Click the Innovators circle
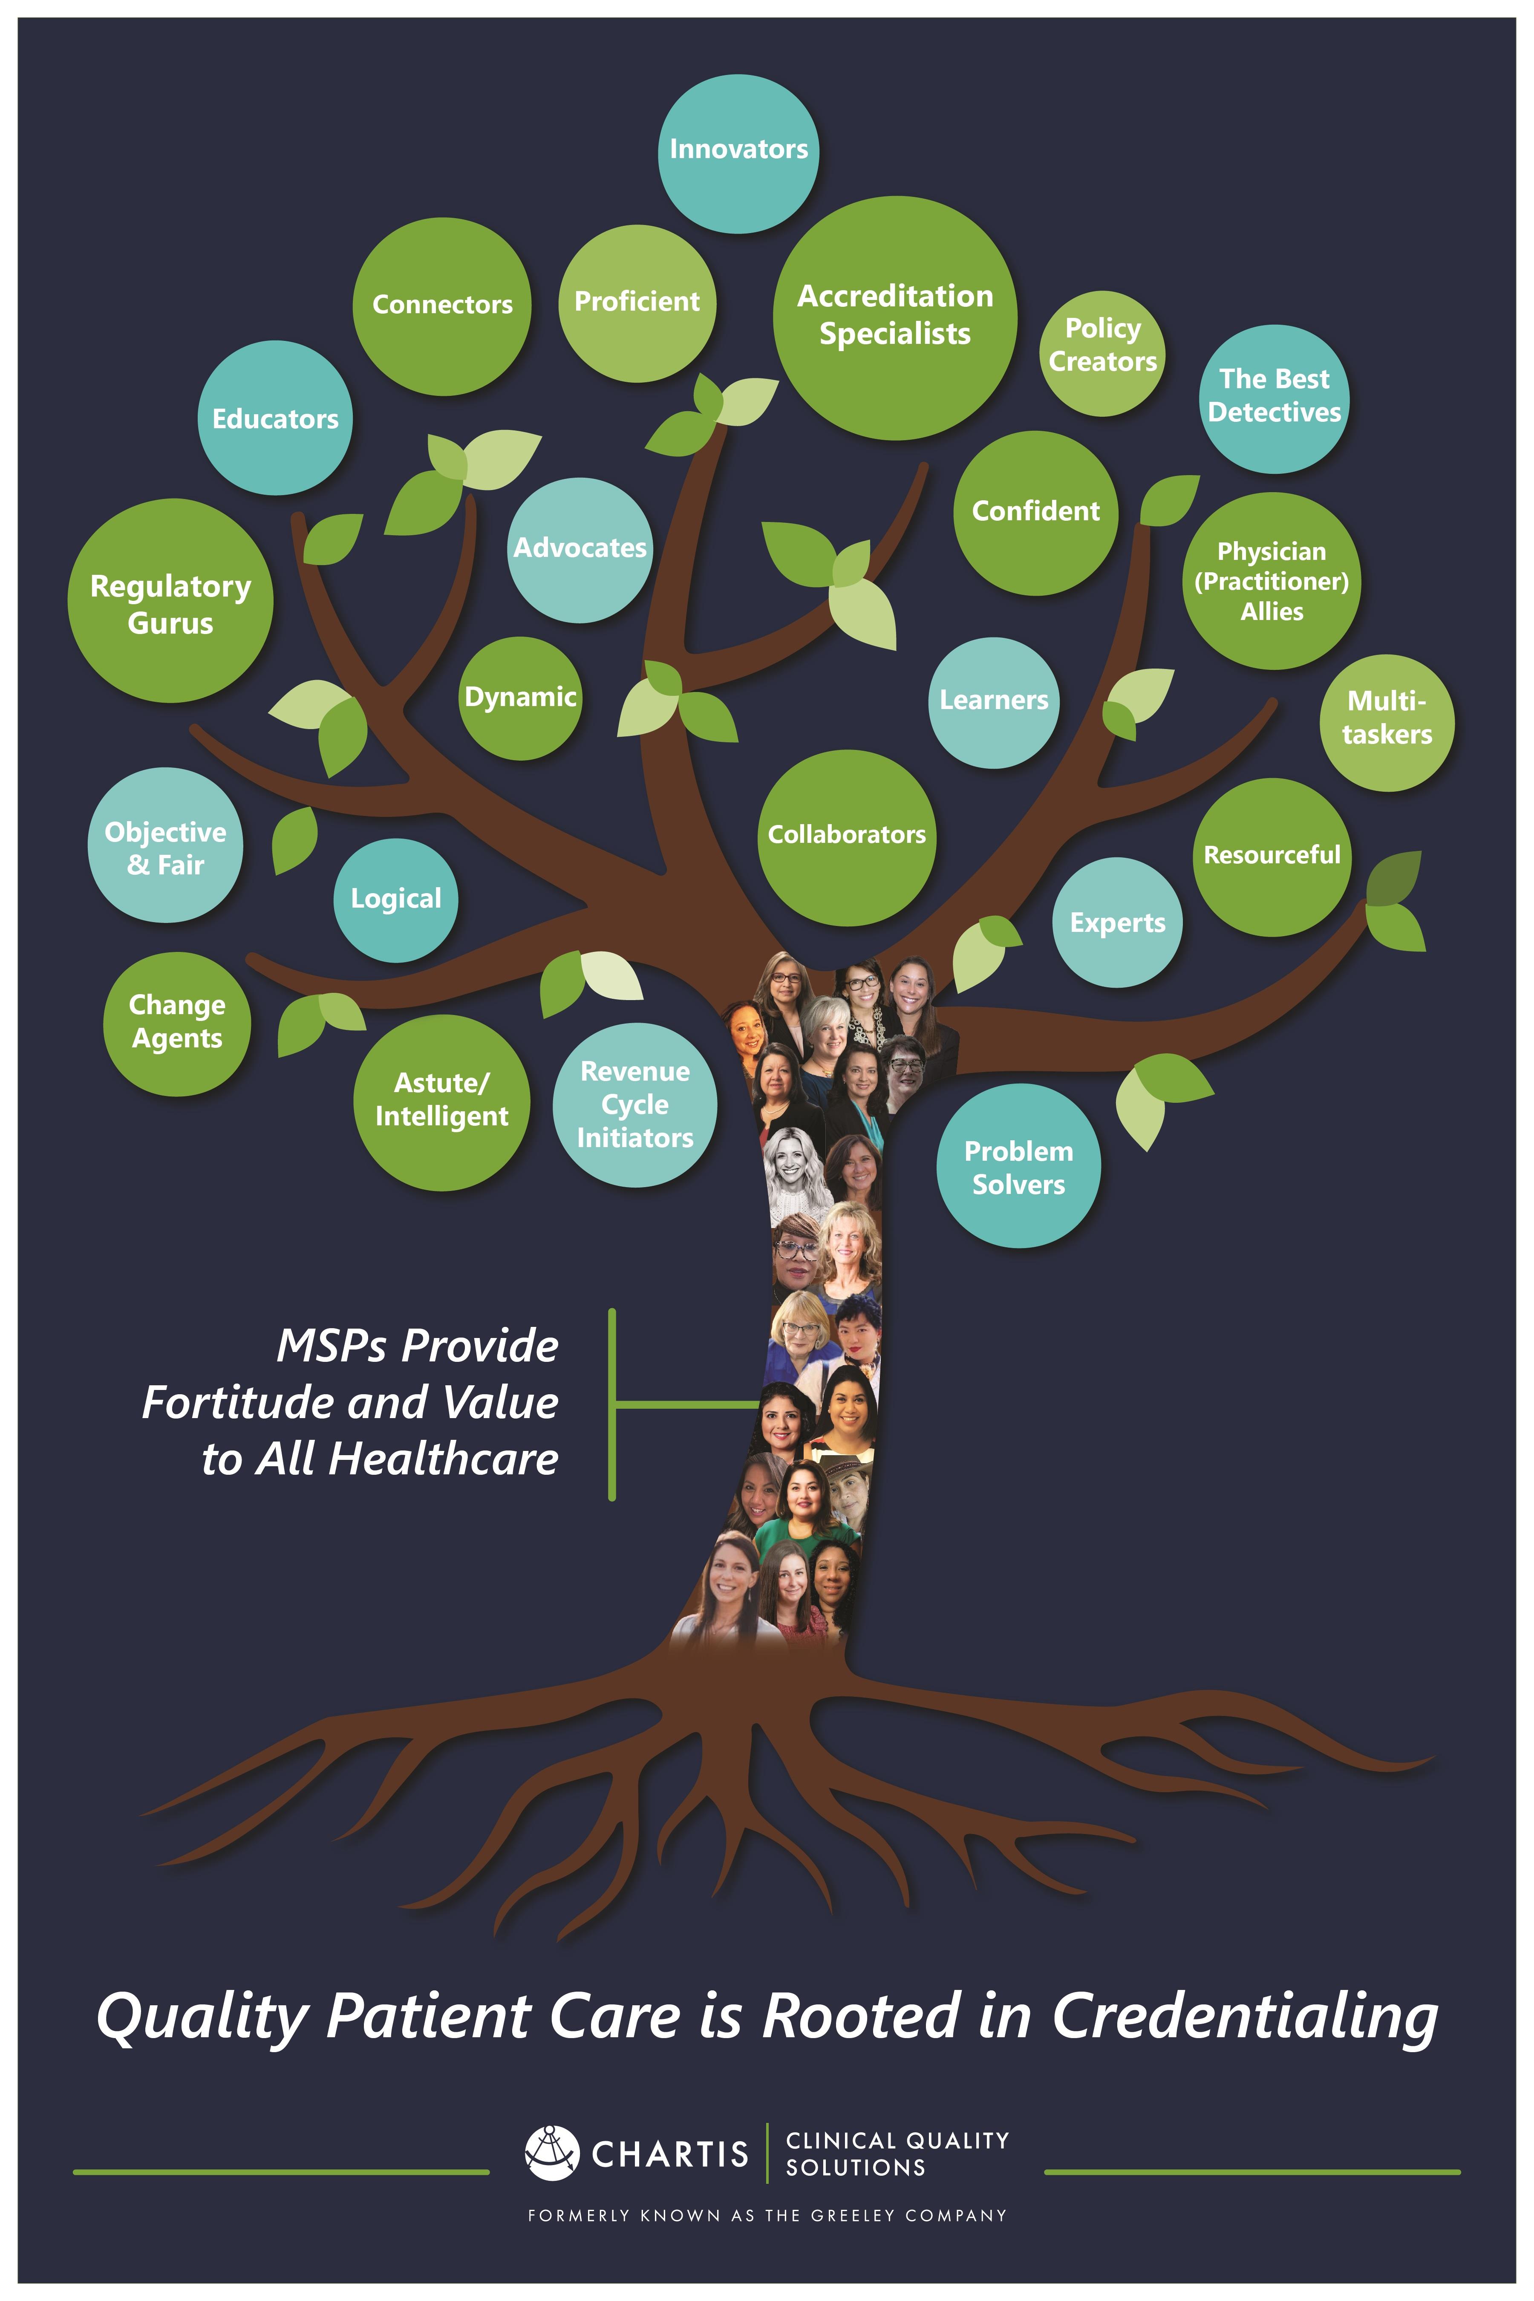(x=738, y=153)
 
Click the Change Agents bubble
(x=177, y=1024)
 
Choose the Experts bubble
(x=1117, y=923)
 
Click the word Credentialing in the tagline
(x=1244, y=2017)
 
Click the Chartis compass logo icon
(x=552, y=2153)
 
